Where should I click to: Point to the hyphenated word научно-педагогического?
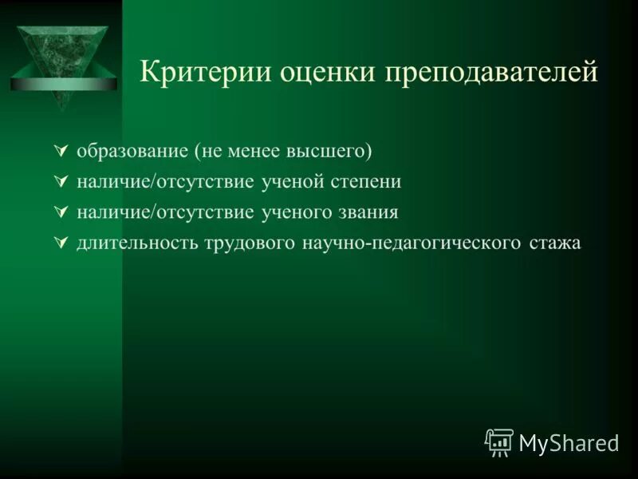[x=412, y=243]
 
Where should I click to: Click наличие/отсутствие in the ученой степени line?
[x=166, y=182]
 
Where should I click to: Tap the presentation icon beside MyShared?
[x=499, y=442]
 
